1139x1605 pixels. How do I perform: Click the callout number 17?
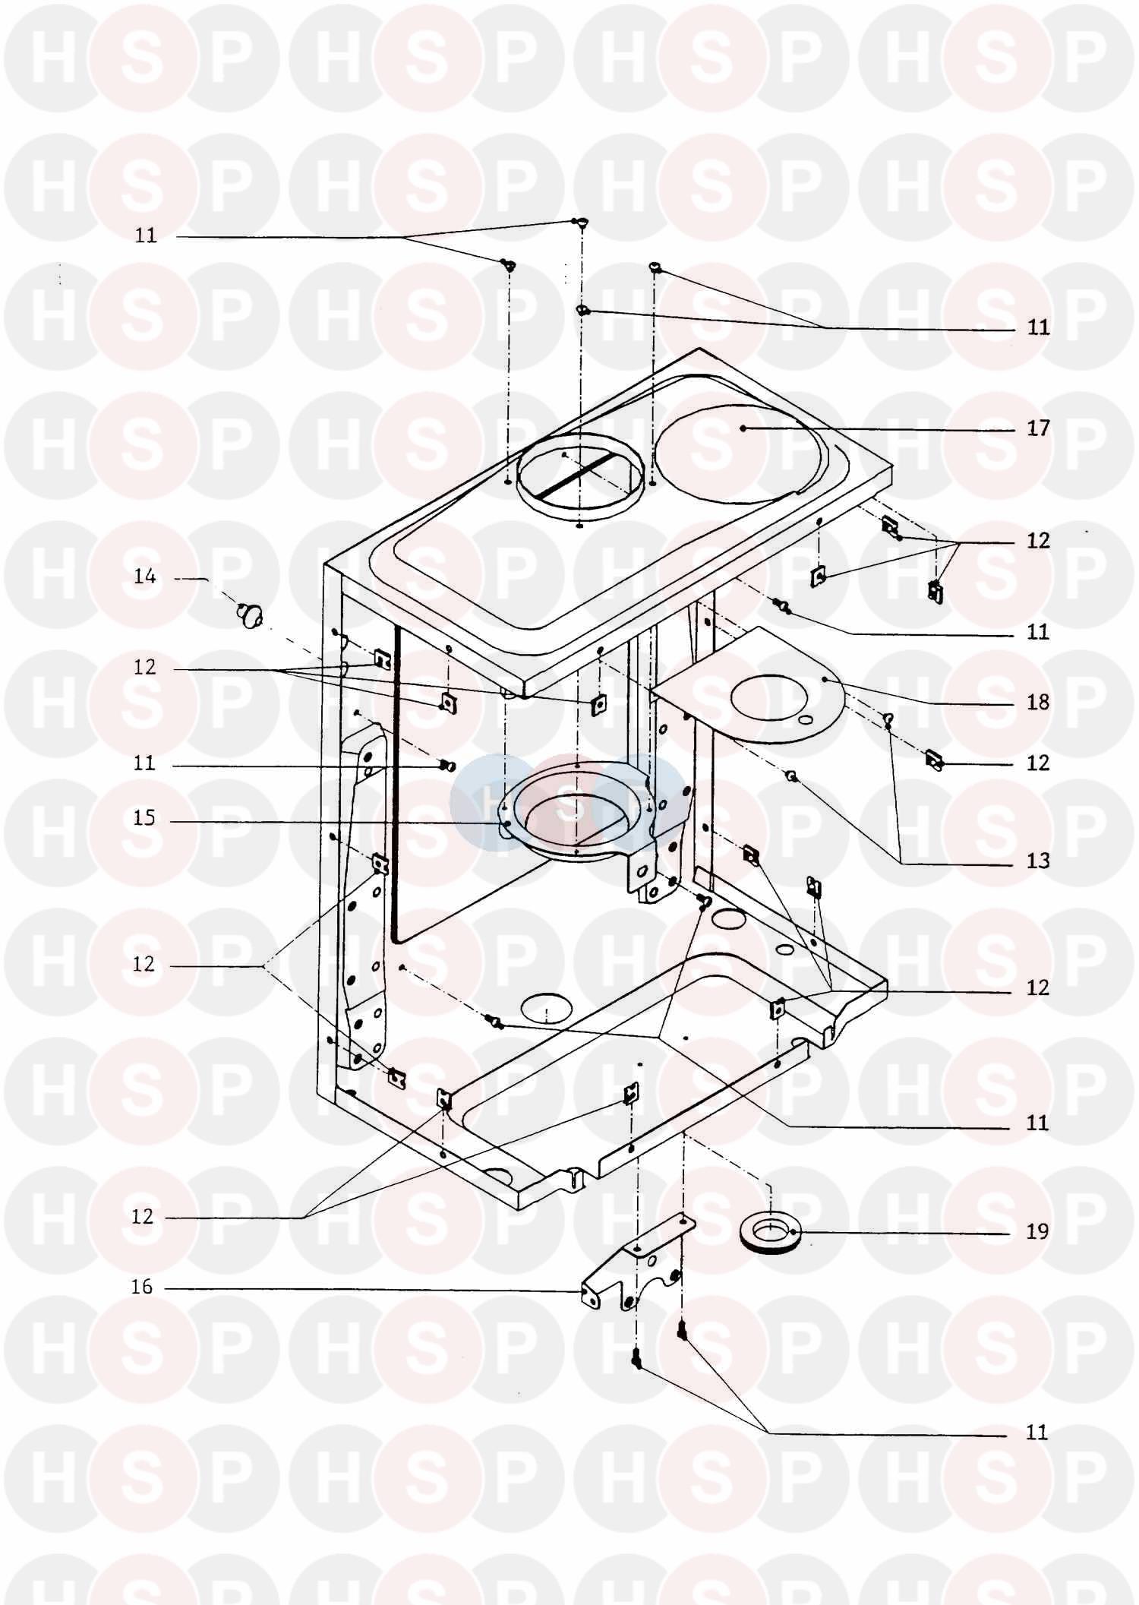[1038, 428]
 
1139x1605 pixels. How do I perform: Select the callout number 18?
[1038, 702]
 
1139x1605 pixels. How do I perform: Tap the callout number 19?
[1038, 1232]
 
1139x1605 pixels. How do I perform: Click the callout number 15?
[144, 818]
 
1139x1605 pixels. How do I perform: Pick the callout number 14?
[144, 577]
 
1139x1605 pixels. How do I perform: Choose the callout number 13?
[1038, 861]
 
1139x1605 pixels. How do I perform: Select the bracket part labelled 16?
[639, 1270]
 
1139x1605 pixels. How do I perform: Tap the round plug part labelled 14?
[251, 612]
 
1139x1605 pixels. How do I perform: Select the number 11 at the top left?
[146, 235]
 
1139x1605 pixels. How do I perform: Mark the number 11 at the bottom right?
[1037, 1433]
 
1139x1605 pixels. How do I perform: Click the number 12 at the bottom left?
[143, 1217]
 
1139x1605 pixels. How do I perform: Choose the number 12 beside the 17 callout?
[1038, 541]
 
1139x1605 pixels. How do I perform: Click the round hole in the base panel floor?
[546, 1007]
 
